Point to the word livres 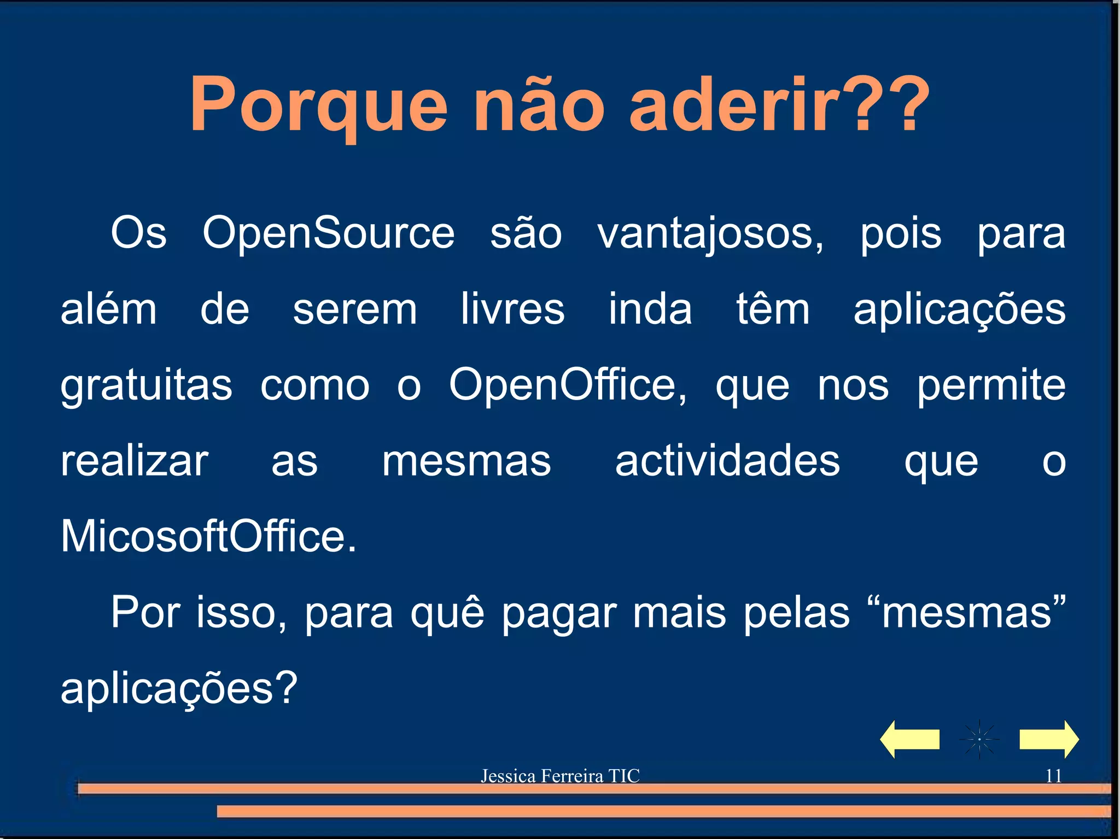pyautogui.click(x=512, y=309)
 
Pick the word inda pyautogui.click(x=650, y=309)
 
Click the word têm pyautogui.click(x=772, y=309)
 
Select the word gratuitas pyautogui.click(x=146, y=386)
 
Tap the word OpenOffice pyautogui.click(x=567, y=385)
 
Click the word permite pyautogui.click(x=991, y=386)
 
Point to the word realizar pyautogui.click(x=135, y=461)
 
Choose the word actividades pyautogui.click(x=727, y=461)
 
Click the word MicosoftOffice pyautogui.click(x=208, y=536)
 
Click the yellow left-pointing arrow pyautogui.click(x=909, y=739)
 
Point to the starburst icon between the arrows pyautogui.click(x=979, y=739)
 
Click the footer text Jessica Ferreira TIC pyautogui.click(x=560, y=776)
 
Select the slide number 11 pyautogui.click(x=1053, y=776)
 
